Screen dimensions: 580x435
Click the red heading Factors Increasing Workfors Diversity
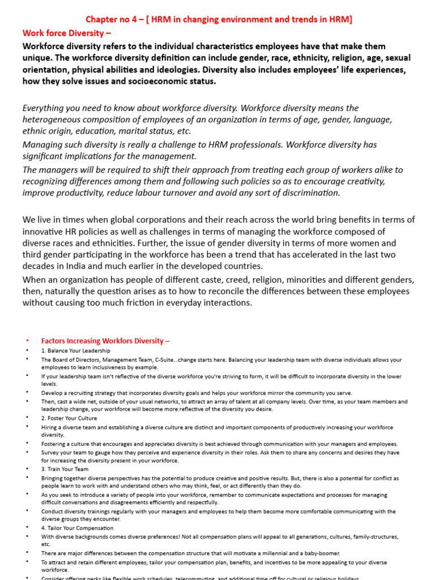105,341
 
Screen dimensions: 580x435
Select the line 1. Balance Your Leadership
75,351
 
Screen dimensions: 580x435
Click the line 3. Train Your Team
65,469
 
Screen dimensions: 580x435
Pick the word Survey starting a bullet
50,453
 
